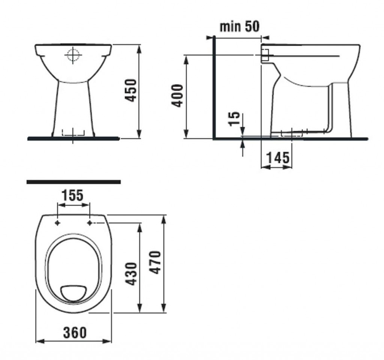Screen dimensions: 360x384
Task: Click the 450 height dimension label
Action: point(130,90)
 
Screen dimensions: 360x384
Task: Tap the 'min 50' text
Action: point(239,27)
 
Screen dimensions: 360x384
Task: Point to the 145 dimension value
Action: point(277,158)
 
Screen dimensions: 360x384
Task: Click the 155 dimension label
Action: point(73,196)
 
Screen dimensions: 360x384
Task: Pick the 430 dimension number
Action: point(131,273)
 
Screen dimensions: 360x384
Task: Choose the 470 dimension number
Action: point(155,262)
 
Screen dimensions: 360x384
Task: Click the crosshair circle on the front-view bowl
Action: point(73,55)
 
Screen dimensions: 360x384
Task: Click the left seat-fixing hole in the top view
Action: point(57,223)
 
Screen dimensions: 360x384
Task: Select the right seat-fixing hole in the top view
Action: point(90,223)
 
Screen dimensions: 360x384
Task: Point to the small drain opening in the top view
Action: point(74,293)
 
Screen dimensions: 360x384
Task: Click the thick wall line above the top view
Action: point(73,182)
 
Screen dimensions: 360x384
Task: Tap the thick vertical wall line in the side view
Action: point(214,88)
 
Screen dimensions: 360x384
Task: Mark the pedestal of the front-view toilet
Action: point(73,109)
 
